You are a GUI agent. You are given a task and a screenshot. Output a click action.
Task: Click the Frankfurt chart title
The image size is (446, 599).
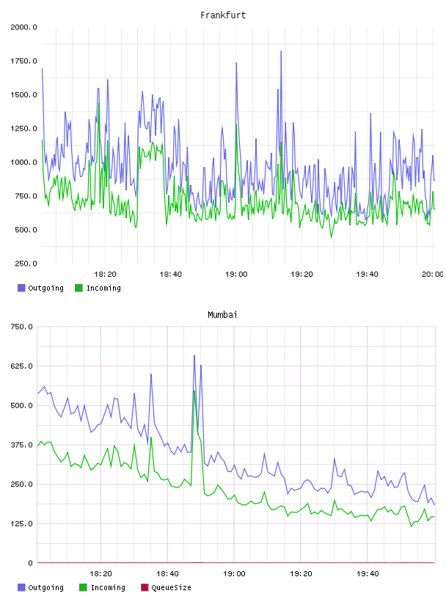(x=223, y=15)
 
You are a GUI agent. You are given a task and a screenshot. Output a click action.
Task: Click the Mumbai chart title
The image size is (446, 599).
(x=222, y=315)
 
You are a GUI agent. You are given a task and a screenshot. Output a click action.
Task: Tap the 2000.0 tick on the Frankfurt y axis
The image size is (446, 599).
(x=23, y=27)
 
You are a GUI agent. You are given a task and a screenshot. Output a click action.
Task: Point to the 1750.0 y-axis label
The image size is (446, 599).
(x=23, y=61)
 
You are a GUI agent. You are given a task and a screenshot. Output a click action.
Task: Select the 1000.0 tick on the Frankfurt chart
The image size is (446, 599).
(x=23, y=162)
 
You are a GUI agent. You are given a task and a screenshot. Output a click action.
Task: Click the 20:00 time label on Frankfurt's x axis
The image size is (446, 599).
(x=433, y=275)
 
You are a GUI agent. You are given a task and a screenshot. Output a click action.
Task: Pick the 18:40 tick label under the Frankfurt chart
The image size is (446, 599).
(x=171, y=275)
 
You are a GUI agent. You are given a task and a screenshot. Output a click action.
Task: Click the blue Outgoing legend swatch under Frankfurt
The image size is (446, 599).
(x=21, y=288)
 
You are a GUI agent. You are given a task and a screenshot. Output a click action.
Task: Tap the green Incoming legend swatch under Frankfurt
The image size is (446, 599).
(x=78, y=288)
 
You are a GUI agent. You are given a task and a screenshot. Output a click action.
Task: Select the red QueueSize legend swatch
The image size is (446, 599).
(x=145, y=587)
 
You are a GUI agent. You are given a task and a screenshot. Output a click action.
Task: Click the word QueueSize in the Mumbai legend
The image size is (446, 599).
(x=171, y=587)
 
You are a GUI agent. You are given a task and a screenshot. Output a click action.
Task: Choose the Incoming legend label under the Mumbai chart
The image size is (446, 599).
(x=108, y=587)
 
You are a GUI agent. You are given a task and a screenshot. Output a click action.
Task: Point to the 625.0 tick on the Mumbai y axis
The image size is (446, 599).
(x=22, y=366)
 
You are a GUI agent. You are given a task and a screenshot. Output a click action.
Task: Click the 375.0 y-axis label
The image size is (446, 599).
(x=22, y=445)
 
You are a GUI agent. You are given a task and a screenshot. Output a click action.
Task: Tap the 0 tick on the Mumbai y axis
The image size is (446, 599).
(x=31, y=563)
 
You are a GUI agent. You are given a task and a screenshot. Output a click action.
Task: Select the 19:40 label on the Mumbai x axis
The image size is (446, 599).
(x=368, y=574)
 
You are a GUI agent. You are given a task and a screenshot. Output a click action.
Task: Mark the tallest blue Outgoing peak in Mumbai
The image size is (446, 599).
(x=194, y=355)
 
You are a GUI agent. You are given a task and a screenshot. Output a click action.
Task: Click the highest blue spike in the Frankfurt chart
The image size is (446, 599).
(x=281, y=51)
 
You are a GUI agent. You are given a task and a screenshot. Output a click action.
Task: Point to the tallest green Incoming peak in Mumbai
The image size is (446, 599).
(x=194, y=391)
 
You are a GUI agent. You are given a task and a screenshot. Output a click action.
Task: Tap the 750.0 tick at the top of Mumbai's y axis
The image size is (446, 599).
(x=22, y=327)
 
